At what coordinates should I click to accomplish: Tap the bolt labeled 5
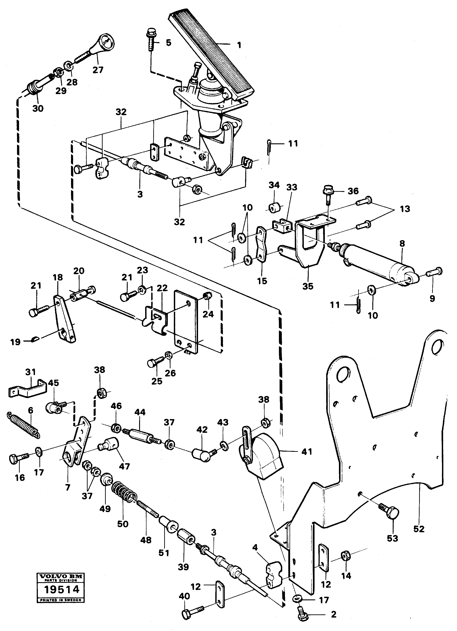pos(151,39)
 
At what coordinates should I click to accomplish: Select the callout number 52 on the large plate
pos(419,529)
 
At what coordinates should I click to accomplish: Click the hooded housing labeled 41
pos(263,456)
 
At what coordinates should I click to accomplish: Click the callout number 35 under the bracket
pos(308,286)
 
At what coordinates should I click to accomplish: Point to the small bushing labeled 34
pos(274,208)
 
